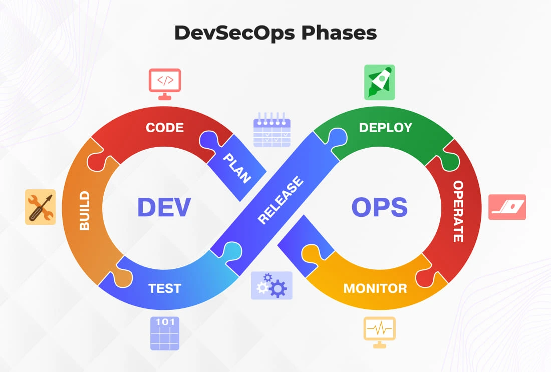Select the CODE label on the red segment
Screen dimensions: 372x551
click(165, 128)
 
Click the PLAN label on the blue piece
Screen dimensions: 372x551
click(236, 168)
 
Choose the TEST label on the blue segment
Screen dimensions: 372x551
click(165, 288)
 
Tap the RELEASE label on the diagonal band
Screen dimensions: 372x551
click(281, 200)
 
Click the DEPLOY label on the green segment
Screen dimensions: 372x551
click(386, 128)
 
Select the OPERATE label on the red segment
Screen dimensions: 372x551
click(458, 211)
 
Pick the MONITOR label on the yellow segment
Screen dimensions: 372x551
click(375, 288)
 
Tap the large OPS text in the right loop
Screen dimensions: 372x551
click(379, 207)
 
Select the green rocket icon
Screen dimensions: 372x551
click(379, 82)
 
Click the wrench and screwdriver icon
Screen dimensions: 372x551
click(40, 207)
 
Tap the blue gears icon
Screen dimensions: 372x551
click(271, 286)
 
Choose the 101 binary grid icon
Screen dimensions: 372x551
click(165, 333)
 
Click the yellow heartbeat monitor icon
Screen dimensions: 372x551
click(379, 332)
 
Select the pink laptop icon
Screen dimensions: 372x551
click(507, 207)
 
